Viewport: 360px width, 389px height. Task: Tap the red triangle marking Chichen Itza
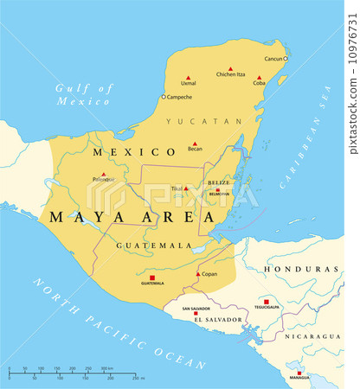(x=230, y=68)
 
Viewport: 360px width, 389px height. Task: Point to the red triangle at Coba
(x=258, y=78)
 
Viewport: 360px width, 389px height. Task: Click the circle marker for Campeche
(x=163, y=97)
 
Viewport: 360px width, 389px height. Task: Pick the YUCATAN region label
(x=204, y=121)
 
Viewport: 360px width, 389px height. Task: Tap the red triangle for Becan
(x=195, y=144)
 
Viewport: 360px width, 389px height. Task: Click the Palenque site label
(x=101, y=180)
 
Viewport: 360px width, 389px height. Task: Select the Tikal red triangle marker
(x=185, y=188)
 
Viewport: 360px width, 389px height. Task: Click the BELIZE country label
(x=217, y=183)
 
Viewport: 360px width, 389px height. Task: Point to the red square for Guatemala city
(x=152, y=277)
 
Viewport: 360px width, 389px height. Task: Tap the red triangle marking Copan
(x=198, y=274)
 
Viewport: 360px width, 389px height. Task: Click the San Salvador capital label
(x=196, y=308)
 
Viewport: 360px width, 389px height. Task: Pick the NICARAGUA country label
(x=313, y=335)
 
